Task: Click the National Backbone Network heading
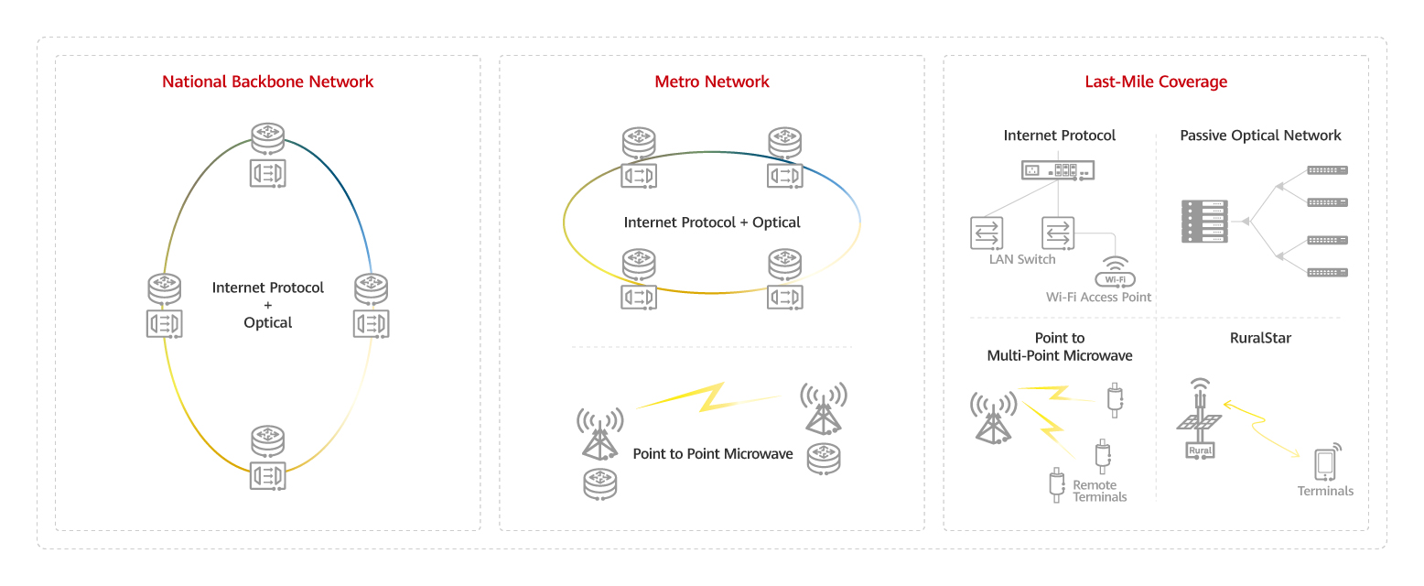pos(267,81)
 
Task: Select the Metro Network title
pos(712,81)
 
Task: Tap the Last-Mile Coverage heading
pos(1156,81)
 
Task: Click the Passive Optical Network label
pos(1260,136)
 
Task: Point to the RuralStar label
pos(1260,338)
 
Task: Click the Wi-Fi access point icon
pos(1115,272)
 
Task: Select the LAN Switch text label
pos(1022,259)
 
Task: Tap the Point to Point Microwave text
pos(713,453)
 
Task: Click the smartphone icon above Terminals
pos(1324,463)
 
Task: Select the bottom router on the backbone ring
pos(268,439)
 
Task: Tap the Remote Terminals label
pos(1099,491)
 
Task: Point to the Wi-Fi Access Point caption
pos(1098,297)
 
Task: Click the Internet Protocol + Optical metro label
pos(712,222)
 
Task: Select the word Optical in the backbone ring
pos(268,322)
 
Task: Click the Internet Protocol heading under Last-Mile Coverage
pos(1059,136)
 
